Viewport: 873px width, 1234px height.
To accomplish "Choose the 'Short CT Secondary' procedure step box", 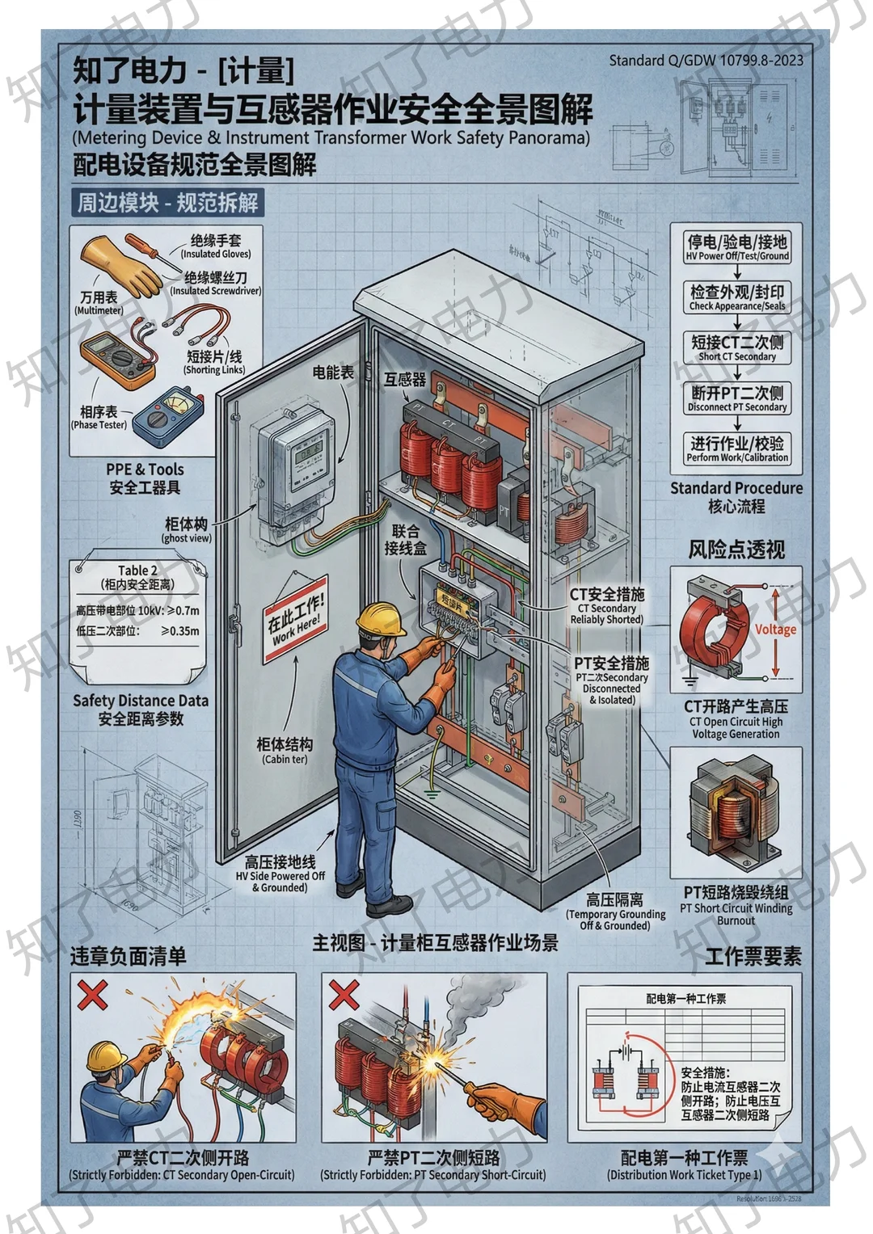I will point(736,347).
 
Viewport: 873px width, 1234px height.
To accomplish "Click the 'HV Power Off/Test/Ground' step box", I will point(736,247).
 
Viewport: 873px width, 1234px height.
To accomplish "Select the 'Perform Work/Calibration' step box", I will point(736,449).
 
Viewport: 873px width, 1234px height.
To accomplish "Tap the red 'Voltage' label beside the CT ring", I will point(775,630).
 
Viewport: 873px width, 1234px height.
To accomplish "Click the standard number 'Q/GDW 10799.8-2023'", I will point(706,61).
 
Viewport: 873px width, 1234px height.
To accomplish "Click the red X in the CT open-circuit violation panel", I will point(92,994).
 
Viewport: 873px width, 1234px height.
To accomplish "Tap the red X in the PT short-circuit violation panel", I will point(344,994).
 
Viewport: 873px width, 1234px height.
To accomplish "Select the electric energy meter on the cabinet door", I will point(296,469).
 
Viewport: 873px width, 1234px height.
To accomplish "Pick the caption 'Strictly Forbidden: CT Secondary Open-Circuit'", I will point(182,1174).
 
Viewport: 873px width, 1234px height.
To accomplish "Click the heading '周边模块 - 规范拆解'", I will point(167,202).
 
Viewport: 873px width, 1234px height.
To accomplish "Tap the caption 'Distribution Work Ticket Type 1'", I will point(684,1174).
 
